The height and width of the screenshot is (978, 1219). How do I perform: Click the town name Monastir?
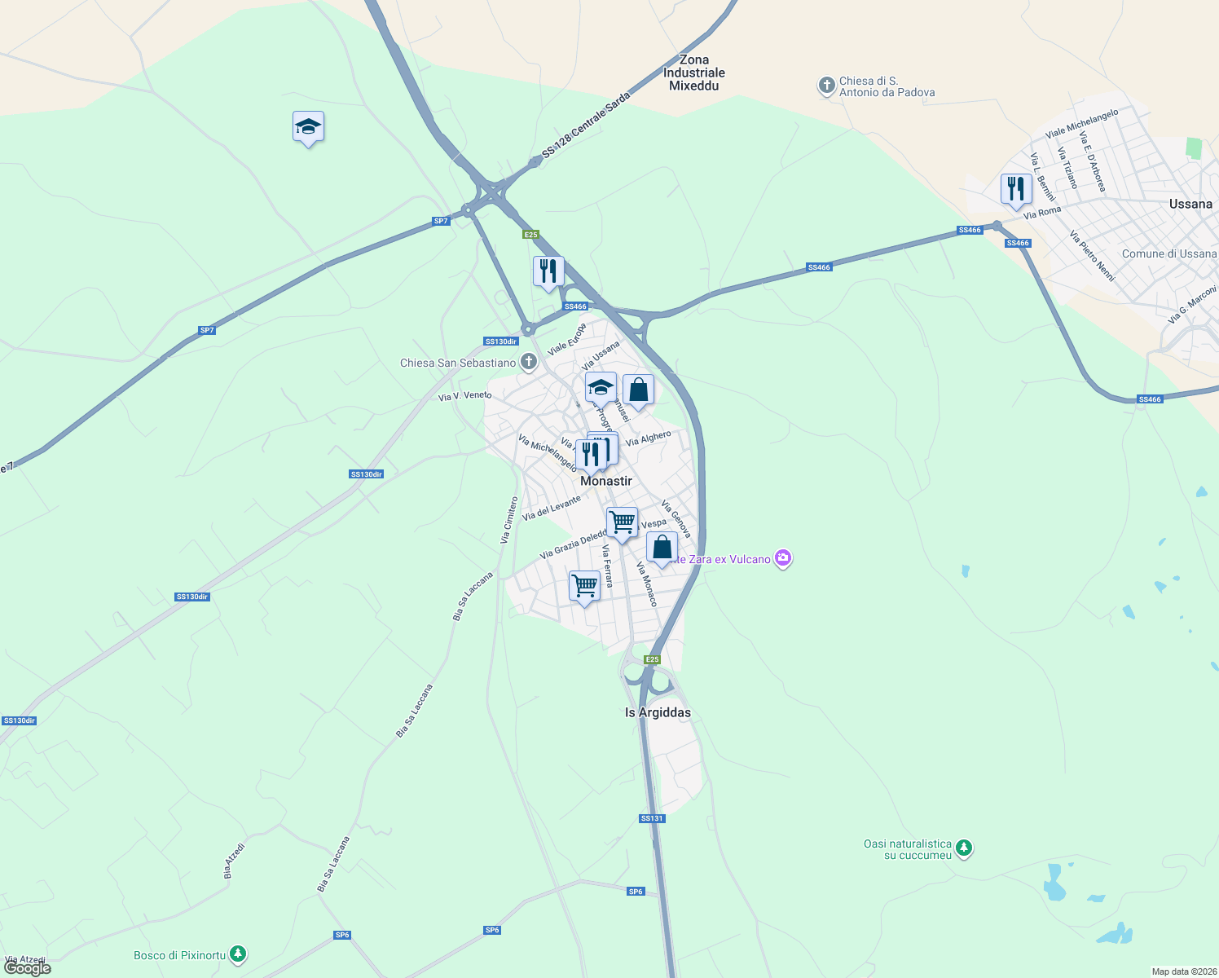(x=605, y=481)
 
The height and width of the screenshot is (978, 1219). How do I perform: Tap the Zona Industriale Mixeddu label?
(x=693, y=73)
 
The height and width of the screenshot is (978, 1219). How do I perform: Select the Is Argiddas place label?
(x=658, y=712)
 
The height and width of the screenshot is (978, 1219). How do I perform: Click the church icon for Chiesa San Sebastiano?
(x=529, y=362)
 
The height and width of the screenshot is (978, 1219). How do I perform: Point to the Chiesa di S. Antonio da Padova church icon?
(x=826, y=85)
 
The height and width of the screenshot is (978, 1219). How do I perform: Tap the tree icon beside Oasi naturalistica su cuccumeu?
(x=964, y=848)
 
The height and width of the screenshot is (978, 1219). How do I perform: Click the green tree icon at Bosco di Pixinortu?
(x=237, y=953)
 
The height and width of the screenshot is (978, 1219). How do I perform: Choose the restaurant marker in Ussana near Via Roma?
(x=1015, y=189)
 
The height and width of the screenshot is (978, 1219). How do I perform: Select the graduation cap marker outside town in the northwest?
(x=308, y=127)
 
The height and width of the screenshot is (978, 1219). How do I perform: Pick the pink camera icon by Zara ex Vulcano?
(x=783, y=558)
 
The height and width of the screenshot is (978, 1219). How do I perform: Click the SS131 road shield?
(x=652, y=818)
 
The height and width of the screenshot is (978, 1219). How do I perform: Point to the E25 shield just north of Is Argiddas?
(x=652, y=659)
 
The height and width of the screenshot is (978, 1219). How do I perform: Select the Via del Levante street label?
(x=552, y=508)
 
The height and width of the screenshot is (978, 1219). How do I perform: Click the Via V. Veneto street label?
(x=464, y=396)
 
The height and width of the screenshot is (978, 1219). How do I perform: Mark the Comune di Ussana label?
(x=1168, y=253)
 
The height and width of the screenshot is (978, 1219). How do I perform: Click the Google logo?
(x=28, y=967)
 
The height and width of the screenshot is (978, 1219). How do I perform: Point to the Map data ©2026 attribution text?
(x=1183, y=971)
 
